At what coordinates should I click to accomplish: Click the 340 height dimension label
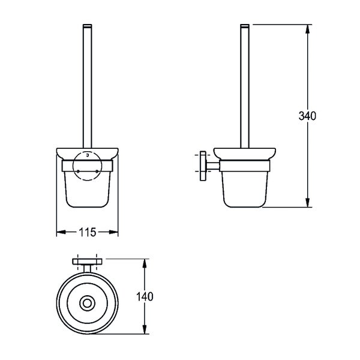[307, 116]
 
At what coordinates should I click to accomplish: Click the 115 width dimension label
[88, 232]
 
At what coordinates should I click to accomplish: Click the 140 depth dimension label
[145, 296]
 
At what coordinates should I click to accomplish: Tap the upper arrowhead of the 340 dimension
[308, 29]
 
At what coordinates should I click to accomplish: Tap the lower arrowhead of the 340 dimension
[308, 203]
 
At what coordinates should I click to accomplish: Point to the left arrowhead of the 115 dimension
[61, 232]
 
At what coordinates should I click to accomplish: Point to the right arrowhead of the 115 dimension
[113, 232]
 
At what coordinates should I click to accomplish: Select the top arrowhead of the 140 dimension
[145, 263]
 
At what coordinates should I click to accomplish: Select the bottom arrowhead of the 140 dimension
[145, 329]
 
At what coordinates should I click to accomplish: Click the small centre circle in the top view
[87, 303]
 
